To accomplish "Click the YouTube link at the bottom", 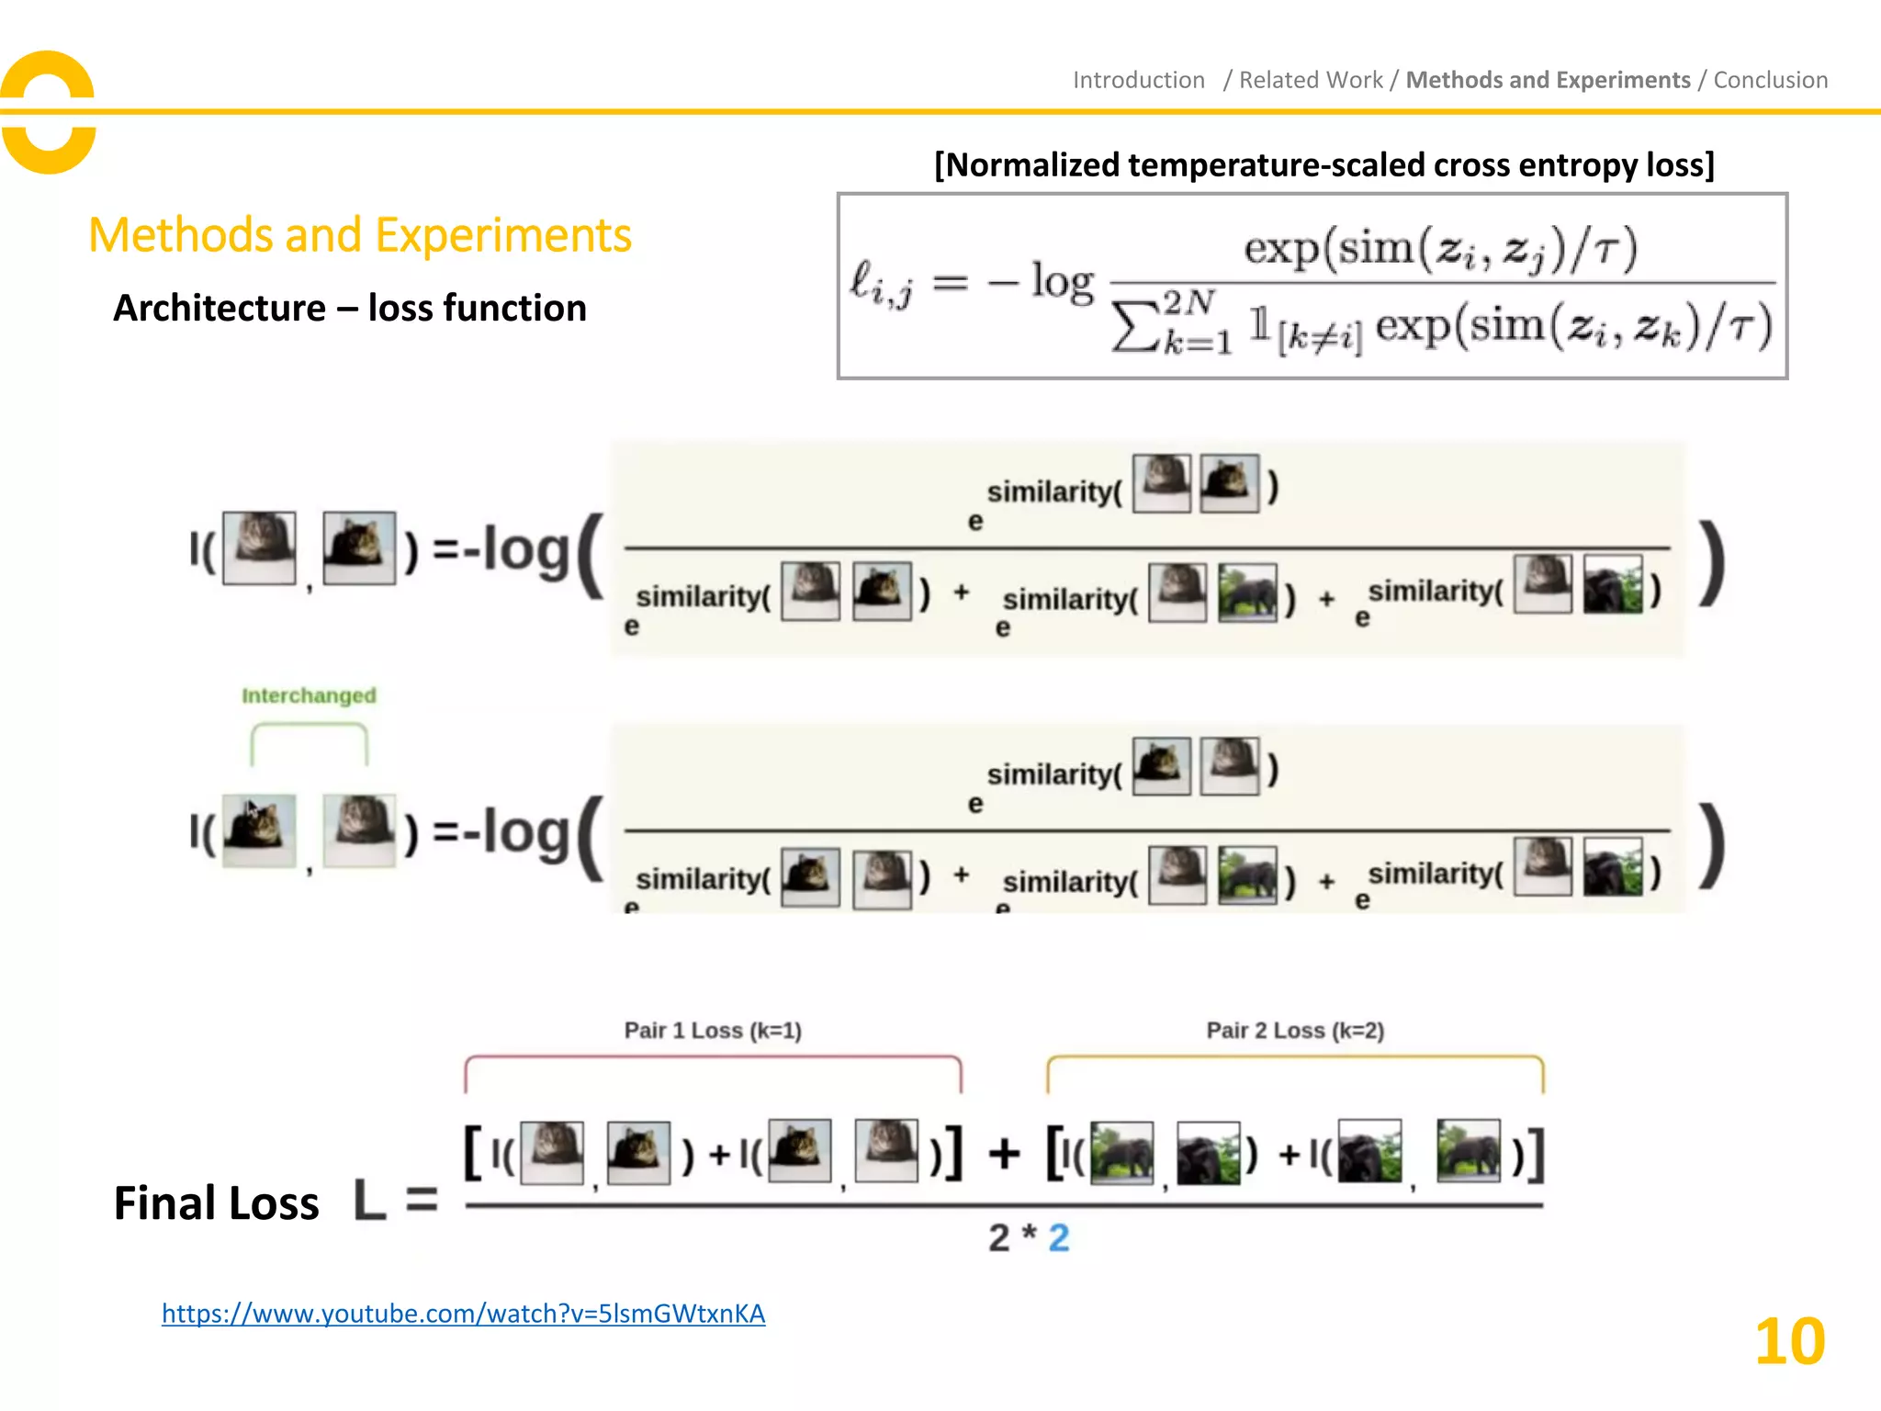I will [x=463, y=1314].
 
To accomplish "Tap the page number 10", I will [x=1789, y=1342].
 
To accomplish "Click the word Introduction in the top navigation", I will [x=1138, y=81].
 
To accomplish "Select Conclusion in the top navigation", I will [x=1770, y=81].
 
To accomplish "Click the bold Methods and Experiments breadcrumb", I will [x=1548, y=81].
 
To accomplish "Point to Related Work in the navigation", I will [x=1311, y=81].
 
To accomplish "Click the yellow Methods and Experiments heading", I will [x=360, y=235].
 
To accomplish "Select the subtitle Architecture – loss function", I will [x=349, y=308].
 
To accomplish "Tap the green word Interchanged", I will [x=309, y=695].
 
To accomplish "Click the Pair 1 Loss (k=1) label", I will [x=713, y=1031].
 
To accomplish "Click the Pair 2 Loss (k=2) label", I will [x=1295, y=1031].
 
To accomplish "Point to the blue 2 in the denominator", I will [x=1059, y=1238].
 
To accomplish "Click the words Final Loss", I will [x=216, y=1203].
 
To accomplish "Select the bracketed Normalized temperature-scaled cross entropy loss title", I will [x=1323, y=165].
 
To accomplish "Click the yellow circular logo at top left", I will [x=48, y=111].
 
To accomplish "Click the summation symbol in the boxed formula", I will [x=1135, y=327].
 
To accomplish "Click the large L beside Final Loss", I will [x=369, y=1200].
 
